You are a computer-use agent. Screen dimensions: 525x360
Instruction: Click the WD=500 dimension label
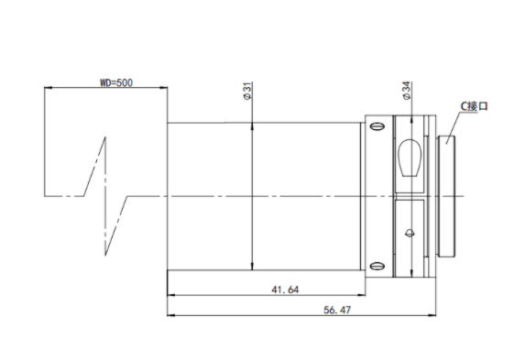coord(116,82)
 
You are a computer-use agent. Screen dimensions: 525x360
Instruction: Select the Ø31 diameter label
coord(247,91)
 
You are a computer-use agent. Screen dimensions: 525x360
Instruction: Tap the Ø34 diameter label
coord(407,91)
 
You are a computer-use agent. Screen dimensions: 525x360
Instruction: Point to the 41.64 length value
coord(285,289)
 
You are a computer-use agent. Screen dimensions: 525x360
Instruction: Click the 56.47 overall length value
coord(337,310)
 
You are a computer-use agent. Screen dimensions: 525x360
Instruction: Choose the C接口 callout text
coord(474,106)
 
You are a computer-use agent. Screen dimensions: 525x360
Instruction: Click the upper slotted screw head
coord(377,126)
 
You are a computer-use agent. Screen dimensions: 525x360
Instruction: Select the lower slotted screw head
coord(377,267)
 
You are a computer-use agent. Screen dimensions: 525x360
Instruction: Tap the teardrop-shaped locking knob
coord(410,158)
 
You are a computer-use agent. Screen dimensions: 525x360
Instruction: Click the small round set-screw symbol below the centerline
coord(410,234)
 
